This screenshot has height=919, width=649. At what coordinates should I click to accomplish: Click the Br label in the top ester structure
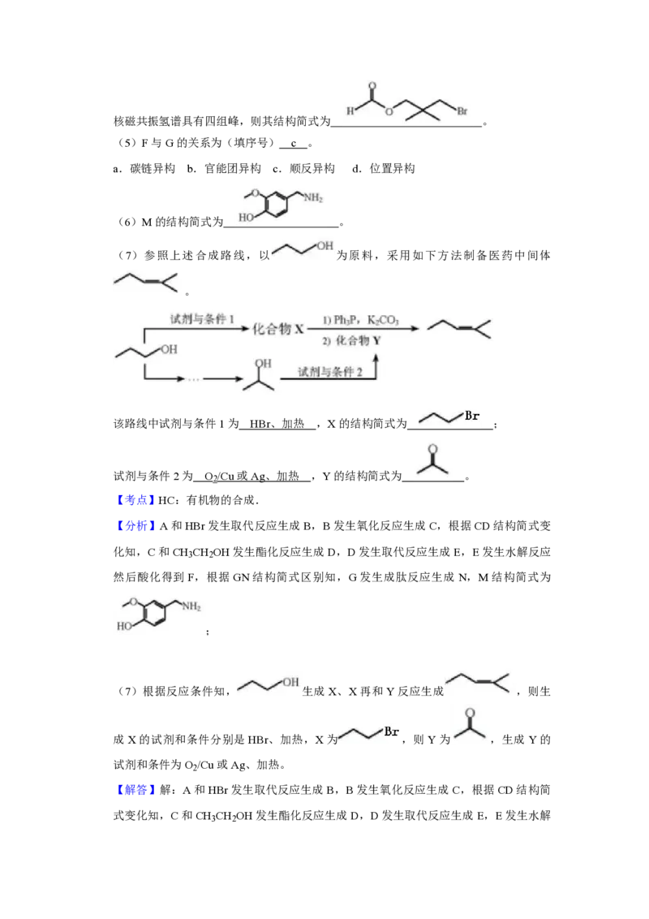462,110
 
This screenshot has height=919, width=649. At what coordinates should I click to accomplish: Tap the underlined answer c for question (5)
294,143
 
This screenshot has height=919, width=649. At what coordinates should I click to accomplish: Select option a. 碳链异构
144,169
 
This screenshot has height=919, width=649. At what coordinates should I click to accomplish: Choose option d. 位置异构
384,169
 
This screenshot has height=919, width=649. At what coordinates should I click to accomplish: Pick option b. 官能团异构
225,169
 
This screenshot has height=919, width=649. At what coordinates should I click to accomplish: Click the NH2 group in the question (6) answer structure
313,197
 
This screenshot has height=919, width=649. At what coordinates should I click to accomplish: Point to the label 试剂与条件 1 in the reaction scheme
202,319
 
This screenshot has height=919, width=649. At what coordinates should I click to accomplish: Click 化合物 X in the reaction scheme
278,330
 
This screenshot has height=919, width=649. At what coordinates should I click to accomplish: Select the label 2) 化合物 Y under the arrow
351,340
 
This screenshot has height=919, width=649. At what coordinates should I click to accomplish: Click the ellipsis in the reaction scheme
193,380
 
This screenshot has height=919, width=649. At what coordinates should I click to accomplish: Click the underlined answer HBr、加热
277,424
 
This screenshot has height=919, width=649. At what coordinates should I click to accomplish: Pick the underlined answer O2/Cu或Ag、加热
251,476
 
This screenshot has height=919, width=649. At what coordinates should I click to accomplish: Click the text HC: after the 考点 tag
167,500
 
